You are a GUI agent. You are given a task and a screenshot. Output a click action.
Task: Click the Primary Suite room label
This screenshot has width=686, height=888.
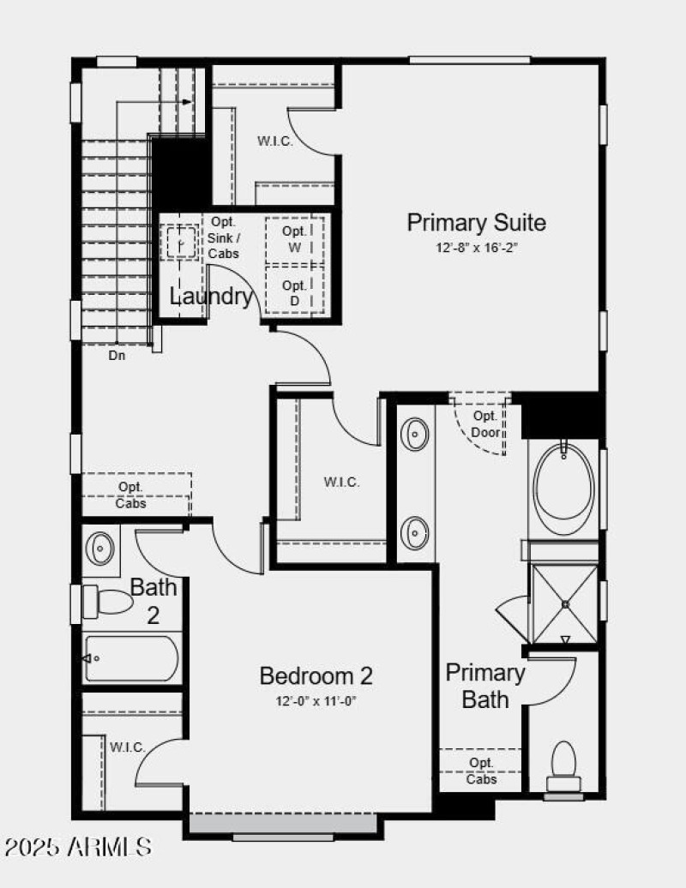[x=476, y=223]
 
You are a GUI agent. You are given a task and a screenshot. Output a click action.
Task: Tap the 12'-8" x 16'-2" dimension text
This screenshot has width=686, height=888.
[x=476, y=248]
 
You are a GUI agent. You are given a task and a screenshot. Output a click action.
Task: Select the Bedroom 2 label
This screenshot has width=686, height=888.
[x=316, y=676]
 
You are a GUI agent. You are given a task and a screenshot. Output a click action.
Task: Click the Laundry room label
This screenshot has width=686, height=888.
[x=211, y=297]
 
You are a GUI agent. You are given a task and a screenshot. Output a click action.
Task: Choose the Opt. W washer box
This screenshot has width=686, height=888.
[x=294, y=239]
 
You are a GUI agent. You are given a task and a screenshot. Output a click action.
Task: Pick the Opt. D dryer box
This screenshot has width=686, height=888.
[x=294, y=291]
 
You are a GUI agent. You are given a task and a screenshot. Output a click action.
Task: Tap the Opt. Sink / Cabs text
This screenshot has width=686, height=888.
[x=223, y=237]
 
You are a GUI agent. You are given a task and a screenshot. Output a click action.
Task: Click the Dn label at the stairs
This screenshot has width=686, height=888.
[x=117, y=355]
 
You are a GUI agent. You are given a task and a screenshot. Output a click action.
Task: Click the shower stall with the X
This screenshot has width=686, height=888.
[x=565, y=604]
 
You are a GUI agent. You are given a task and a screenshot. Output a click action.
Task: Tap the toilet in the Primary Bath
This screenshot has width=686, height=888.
[x=563, y=765]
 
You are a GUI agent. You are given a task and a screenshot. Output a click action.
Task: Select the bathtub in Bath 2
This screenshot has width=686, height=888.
[x=132, y=658]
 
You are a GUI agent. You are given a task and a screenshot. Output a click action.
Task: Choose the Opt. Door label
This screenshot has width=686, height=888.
[x=485, y=423]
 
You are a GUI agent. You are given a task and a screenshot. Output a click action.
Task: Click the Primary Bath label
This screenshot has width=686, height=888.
[x=485, y=686]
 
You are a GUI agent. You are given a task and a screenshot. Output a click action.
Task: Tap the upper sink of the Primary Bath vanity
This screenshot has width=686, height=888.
[x=416, y=434]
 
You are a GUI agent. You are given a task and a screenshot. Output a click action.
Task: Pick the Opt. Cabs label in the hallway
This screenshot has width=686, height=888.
[x=130, y=495]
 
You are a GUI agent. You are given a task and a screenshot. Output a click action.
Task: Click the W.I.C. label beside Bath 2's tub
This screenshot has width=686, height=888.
[x=126, y=747]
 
